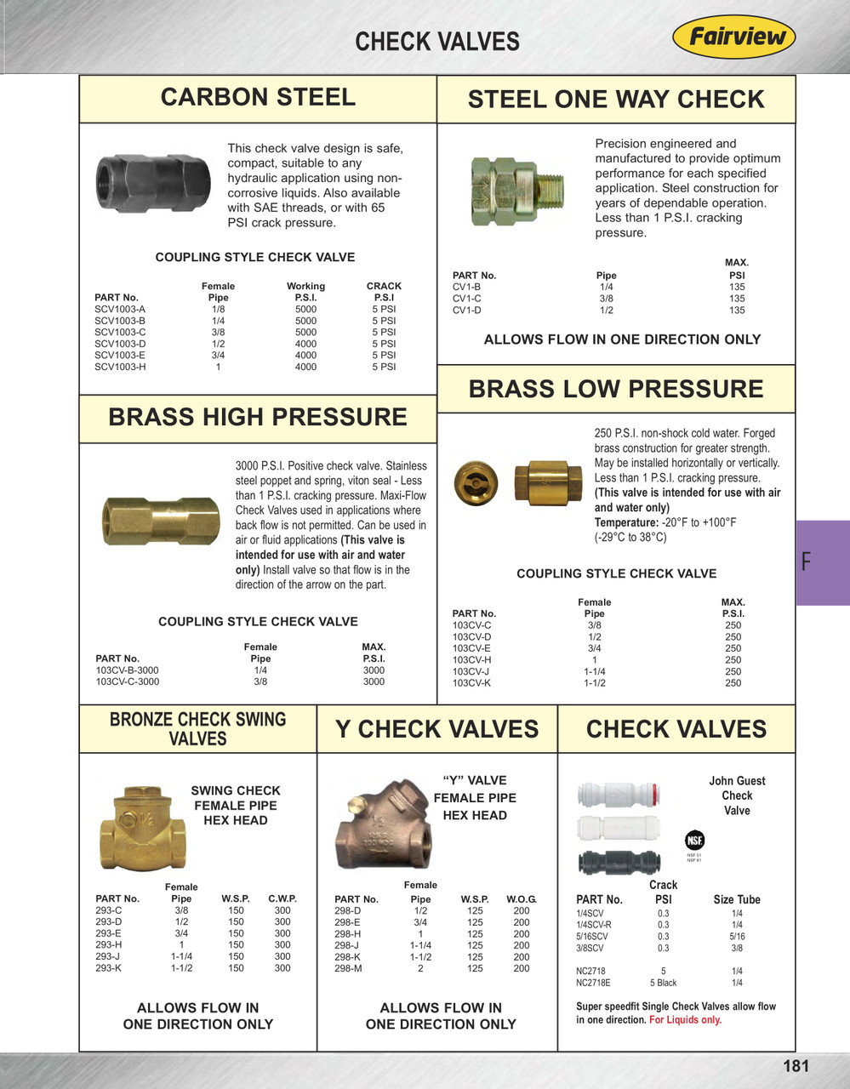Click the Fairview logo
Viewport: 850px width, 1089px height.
733,38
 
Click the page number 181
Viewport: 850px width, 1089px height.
796,1066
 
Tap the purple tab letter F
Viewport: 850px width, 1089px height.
807,562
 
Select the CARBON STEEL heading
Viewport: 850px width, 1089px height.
258,98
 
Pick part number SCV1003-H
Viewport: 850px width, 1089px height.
120,367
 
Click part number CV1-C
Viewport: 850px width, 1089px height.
467,299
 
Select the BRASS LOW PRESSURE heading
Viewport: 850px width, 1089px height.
615,389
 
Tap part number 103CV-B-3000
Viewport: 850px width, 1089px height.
127,670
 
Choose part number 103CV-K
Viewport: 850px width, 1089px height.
471,683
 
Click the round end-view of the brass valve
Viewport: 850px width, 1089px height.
472,483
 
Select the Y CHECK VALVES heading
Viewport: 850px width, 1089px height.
436,730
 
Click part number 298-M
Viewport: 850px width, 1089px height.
348,968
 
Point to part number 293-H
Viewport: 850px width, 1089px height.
108,945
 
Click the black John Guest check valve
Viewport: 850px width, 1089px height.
619,863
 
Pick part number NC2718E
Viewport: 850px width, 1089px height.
593,983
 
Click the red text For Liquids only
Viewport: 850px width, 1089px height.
685,1020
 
